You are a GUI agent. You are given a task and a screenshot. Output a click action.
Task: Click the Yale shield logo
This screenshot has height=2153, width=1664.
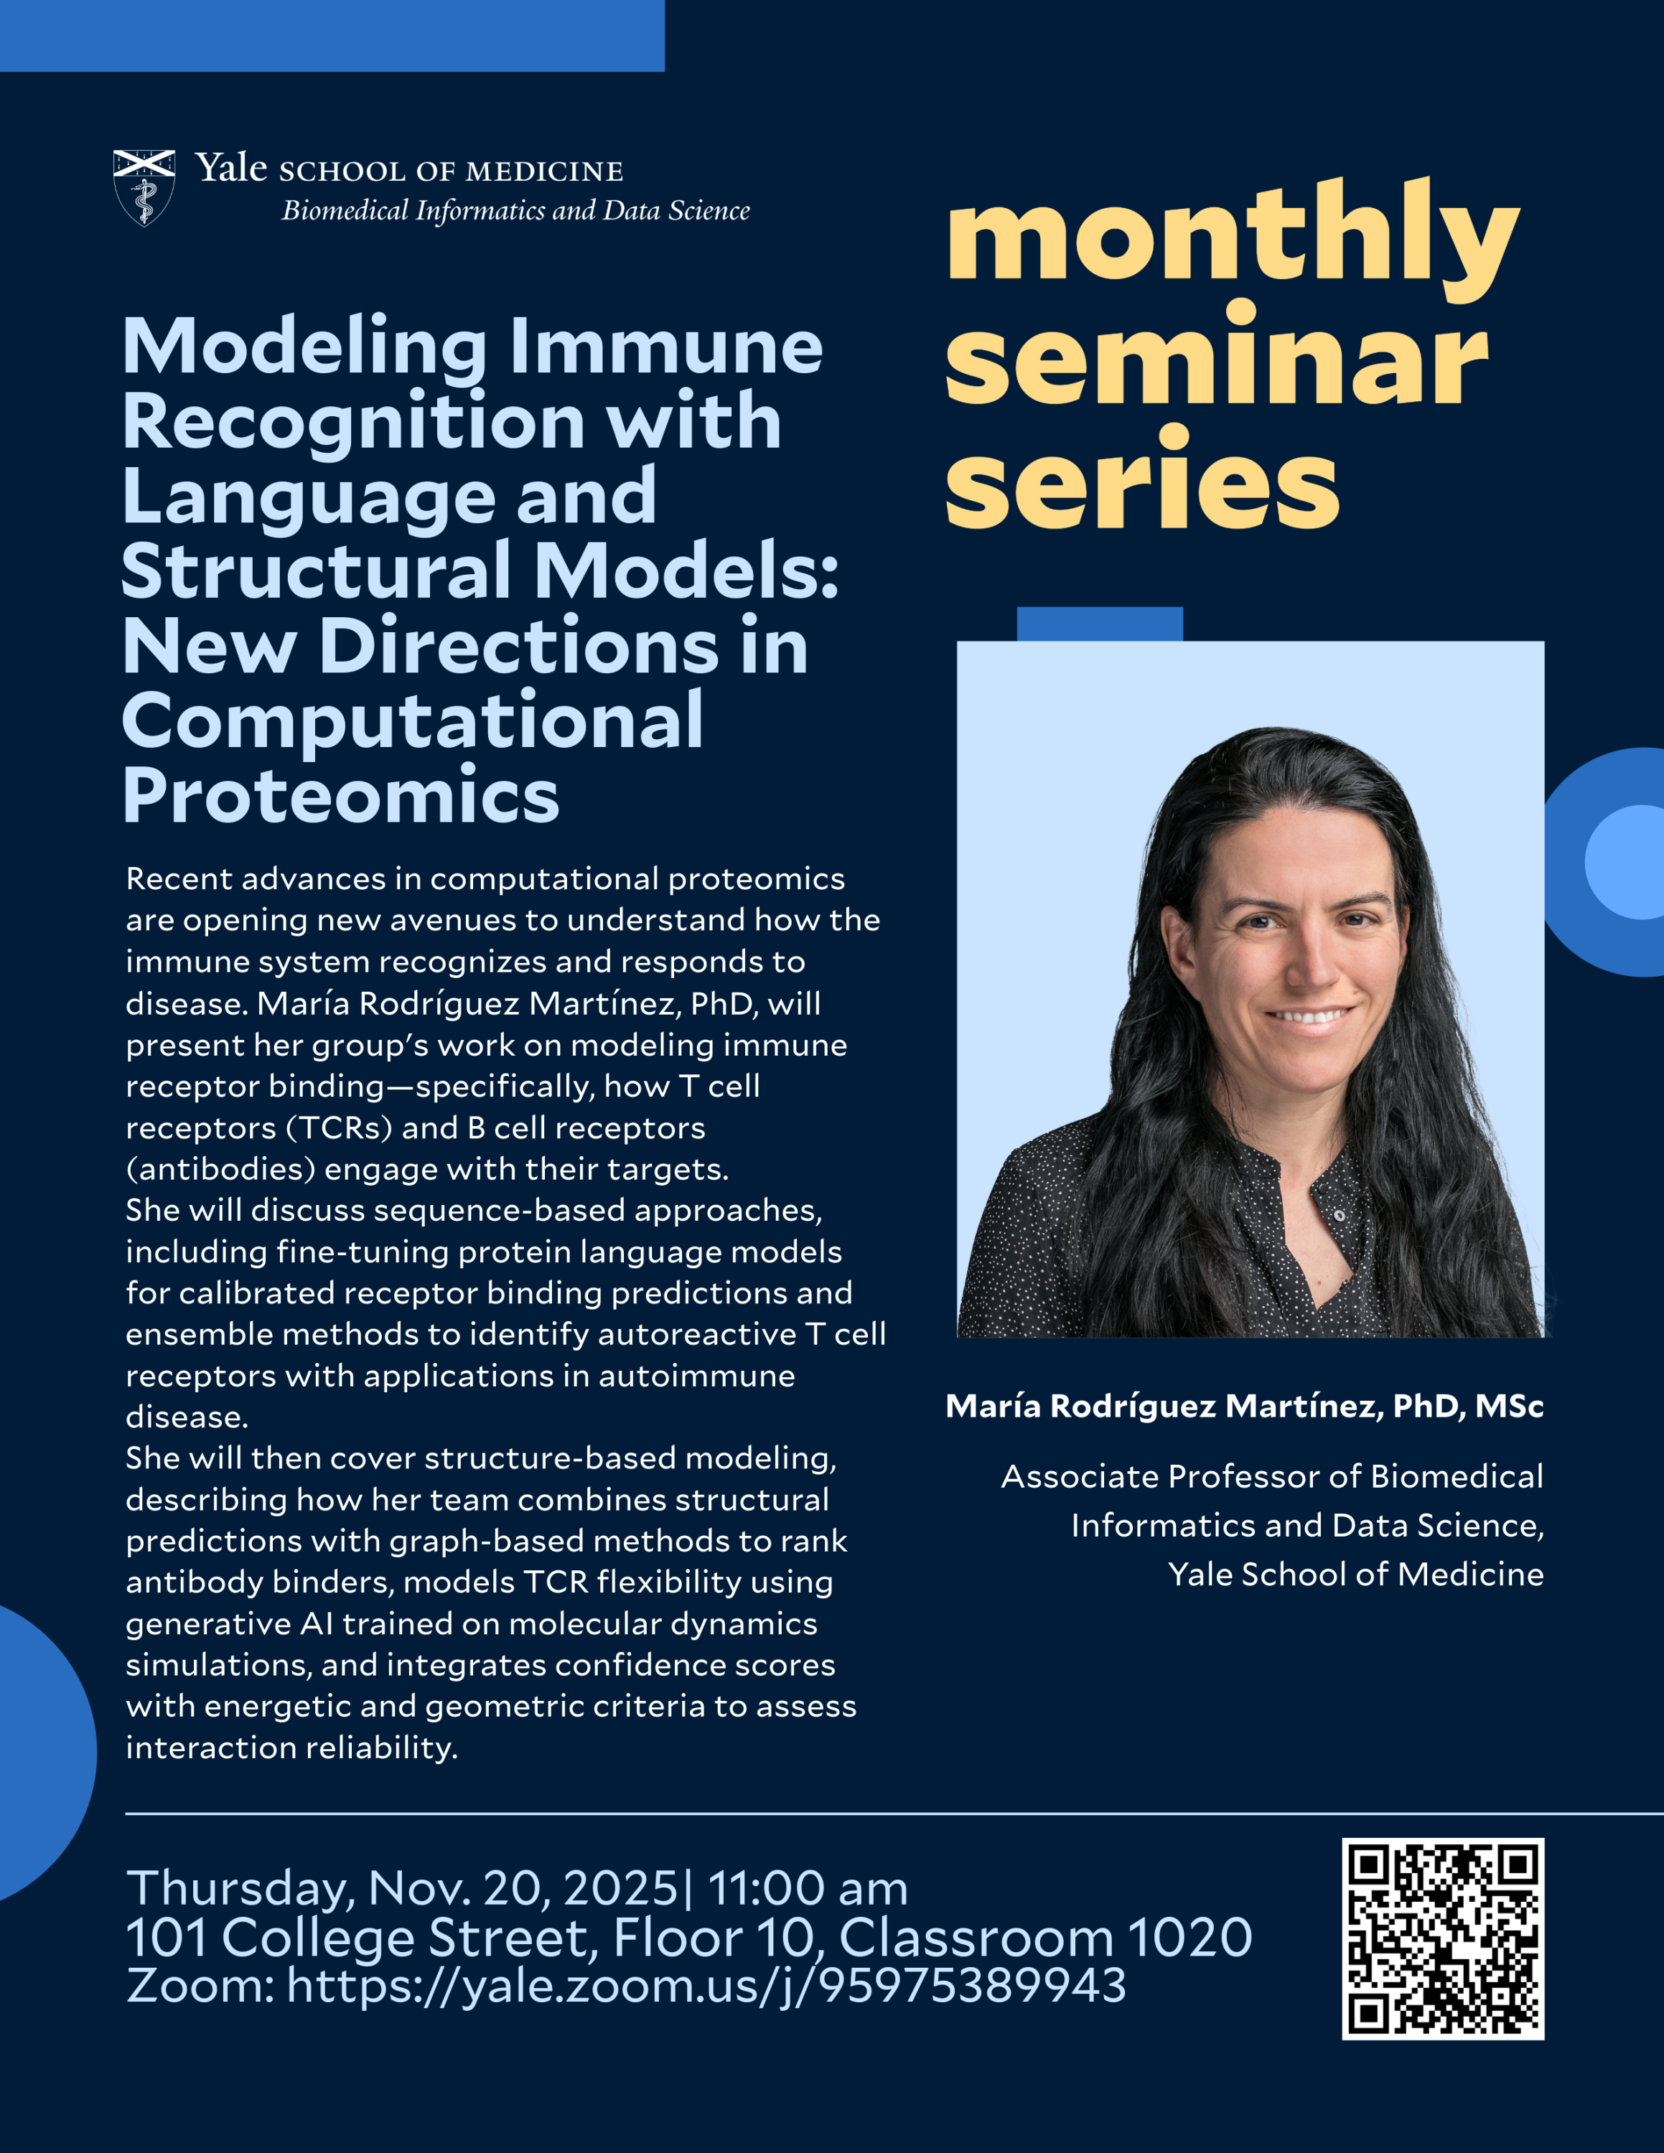[144, 187]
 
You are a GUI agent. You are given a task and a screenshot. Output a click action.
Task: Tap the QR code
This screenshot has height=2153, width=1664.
[1442, 1938]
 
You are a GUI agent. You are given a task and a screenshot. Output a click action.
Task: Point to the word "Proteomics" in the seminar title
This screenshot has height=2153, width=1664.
[341, 796]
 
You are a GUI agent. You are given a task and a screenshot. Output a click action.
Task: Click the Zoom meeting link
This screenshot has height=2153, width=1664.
[706, 1984]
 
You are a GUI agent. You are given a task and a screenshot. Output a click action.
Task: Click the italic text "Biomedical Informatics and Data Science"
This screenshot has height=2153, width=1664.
[515, 211]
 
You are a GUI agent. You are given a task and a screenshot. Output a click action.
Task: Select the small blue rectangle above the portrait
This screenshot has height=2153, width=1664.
[1099, 624]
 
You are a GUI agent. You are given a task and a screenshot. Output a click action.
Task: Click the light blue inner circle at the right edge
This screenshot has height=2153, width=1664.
[1627, 862]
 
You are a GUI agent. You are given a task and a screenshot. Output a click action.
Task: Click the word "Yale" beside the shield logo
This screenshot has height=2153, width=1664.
[230, 169]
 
